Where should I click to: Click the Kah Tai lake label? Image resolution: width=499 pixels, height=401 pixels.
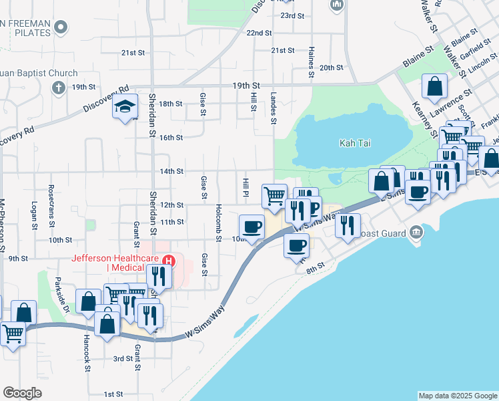(x=355, y=143)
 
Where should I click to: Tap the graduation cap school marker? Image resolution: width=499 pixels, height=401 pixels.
(x=125, y=106)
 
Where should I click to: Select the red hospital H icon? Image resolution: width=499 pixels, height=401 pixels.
(x=169, y=260)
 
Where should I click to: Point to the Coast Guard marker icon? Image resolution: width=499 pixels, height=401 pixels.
(x=418, y=233)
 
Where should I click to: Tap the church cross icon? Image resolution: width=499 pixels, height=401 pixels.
(x=59, y=88)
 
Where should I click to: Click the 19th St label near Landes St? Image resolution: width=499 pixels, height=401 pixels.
(x=245, y=86)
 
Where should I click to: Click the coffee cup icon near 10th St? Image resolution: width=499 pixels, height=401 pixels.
(x=252, y=227)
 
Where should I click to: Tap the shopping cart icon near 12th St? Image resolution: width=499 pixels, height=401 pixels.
(x=274, y=196)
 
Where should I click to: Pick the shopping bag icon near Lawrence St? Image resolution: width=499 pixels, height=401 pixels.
(x=435, y=86)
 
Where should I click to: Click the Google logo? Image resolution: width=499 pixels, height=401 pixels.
(x=22, y=393)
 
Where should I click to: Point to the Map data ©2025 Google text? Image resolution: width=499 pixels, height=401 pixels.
(x=457, y=396)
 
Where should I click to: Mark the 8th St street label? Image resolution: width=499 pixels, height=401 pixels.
(x=315, y=265)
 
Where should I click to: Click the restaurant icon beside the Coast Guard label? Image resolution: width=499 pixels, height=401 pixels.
(x=348, y=225)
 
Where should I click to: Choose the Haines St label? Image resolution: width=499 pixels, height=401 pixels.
(x=311, y=56)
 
